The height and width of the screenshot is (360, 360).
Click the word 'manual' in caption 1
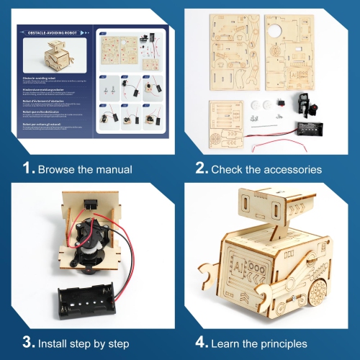click(x=113, y=170)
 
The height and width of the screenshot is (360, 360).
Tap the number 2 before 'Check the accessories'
click(x=201, y=169)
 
